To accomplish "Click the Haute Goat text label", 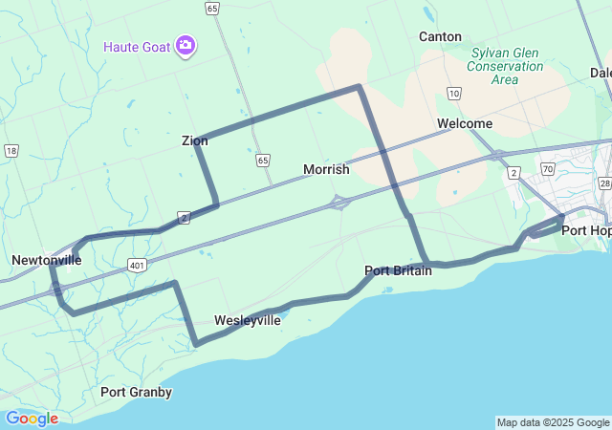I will pyautogui.click(x=137, y=46).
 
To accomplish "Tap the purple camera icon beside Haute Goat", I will pyautogui.click(x=186, y=46).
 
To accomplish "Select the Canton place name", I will pyautogui.click(x=440, y=36).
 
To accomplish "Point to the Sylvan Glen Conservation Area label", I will pyautogui.click(x=506, y=66).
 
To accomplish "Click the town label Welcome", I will pyautogui.click(x=465, y=123).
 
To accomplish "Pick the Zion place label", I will pyautogui.click(x=194, y=140).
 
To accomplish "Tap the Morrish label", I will pyautogui.click(x=326, y=169).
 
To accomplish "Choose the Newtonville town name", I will pyautogui.click(x=47, y=260).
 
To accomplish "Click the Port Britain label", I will pyautogui.click(x=399, y=270).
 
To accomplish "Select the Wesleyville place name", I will pyautogui.click(x=248, y=320).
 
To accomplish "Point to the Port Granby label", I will pyautogui.click(x=137, y=392).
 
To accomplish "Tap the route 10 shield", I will pyautogui.click(x=453, y=93).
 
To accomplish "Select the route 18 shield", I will pyautogui.click(x=11, y=150).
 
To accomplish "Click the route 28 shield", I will pyautogui.click(x=604, y=183).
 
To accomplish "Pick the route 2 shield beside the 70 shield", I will pyautogui.click(x=514, y=172).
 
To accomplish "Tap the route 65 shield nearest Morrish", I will pyautogui.click(x=262, y=161).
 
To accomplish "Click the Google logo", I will pyautogui.click(x=32, y=419).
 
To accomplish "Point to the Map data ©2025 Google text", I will pyautogui.click(x=553, y=422).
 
